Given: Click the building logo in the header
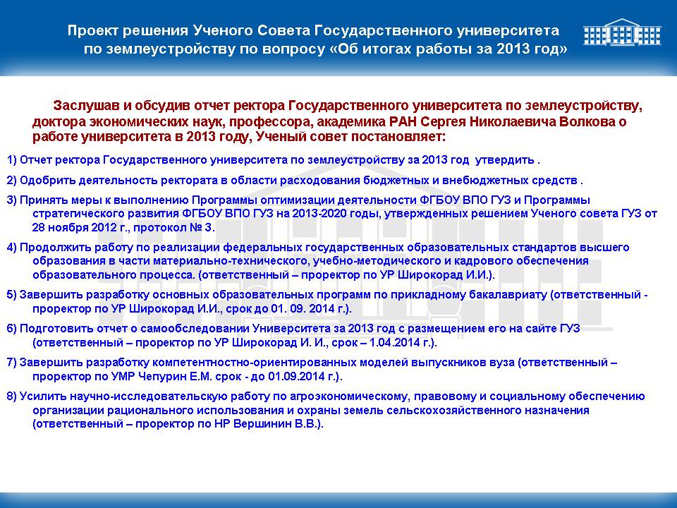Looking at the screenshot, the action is pos(622,32).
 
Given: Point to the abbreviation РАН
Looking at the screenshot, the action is pos(403,121).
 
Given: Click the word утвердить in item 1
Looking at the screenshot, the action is pos(504,160).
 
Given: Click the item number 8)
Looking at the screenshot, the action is pos(12,397).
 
